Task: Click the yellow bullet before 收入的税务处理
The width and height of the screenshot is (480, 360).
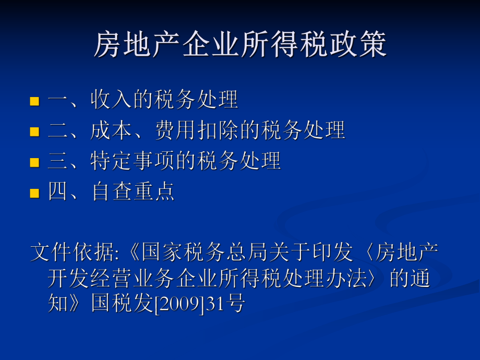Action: tap(34, 101)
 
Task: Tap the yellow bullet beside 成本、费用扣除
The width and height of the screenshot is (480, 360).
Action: tap(34, 131)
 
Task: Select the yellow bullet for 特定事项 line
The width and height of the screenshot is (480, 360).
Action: tap(34, 162)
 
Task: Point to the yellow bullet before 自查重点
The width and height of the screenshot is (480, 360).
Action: tap(34, 193)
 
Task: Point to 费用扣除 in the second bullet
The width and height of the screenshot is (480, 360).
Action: tap(197, 130)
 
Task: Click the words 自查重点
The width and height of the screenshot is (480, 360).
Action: tap(133, 192)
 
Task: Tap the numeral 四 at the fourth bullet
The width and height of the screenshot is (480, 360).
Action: tap(58, 192)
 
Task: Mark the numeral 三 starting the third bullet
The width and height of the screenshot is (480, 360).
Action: tap(58, 161)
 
